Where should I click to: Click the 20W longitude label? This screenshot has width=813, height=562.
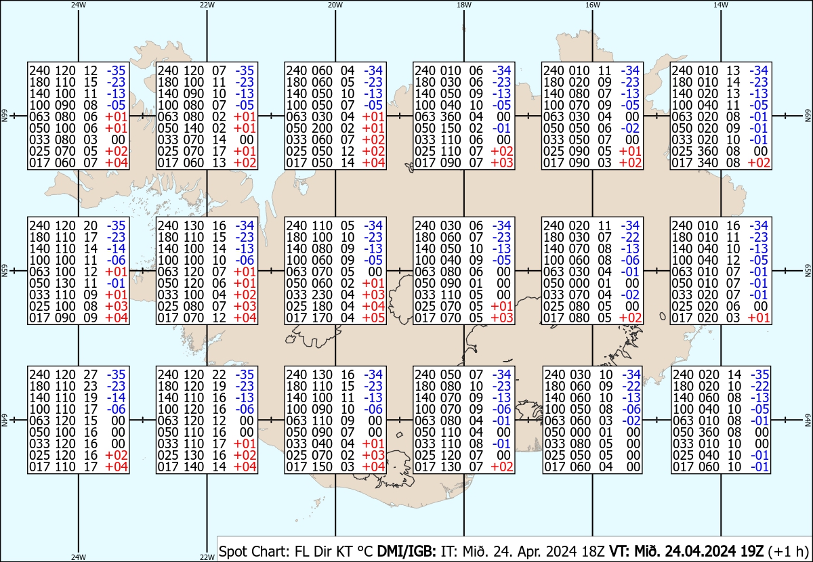point(335,5)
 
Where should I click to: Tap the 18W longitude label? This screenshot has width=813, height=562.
point(464,5)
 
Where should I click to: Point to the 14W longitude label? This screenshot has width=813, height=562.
point(721,5)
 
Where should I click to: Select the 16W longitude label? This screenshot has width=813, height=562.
point(592,5)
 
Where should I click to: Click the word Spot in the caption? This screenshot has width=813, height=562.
point(233,551)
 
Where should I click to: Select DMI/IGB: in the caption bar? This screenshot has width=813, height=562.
point(406,550)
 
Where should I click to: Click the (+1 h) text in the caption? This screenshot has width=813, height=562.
point(788,551)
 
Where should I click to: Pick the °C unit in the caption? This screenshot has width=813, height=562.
point(364,550)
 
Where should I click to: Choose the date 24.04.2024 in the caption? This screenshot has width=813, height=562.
point(700,550)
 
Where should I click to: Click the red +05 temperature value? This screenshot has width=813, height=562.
point(373,318)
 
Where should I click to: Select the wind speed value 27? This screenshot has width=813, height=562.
point(90,374)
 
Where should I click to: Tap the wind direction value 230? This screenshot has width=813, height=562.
point(322,295)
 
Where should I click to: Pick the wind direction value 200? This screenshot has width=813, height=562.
point(322,128)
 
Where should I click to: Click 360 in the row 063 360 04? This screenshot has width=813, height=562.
point(451,116)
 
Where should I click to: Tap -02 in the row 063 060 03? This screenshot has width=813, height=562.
point(631,420)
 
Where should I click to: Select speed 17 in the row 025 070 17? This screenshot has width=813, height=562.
point(220,151)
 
